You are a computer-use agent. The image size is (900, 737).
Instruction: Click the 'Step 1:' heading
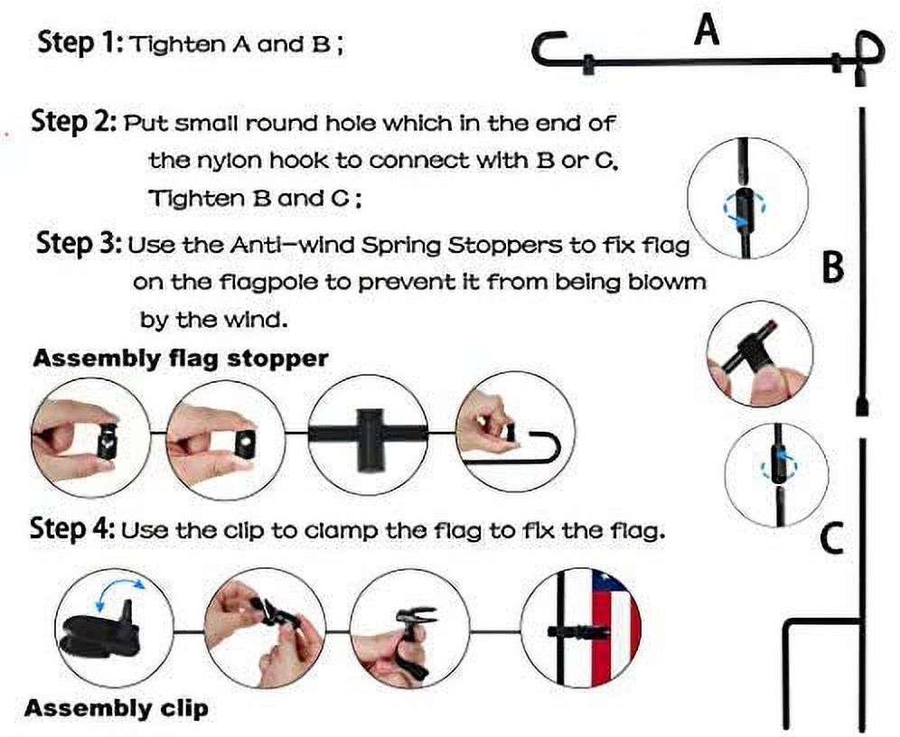coord(80,43)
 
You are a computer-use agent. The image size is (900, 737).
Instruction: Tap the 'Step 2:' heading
coord(75,122)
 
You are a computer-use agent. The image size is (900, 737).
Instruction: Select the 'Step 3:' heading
coord(79,243)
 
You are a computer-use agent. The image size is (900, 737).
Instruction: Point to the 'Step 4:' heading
coord(72,528)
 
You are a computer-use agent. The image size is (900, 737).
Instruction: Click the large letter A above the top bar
coord(706,30)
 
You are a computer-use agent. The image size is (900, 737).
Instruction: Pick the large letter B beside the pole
coord(833,267)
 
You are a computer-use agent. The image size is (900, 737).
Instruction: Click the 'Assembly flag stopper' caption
coord(181,359)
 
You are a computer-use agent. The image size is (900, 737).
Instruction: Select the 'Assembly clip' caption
coord(116,708)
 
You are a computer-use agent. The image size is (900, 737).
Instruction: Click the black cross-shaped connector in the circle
coord(369,437)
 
